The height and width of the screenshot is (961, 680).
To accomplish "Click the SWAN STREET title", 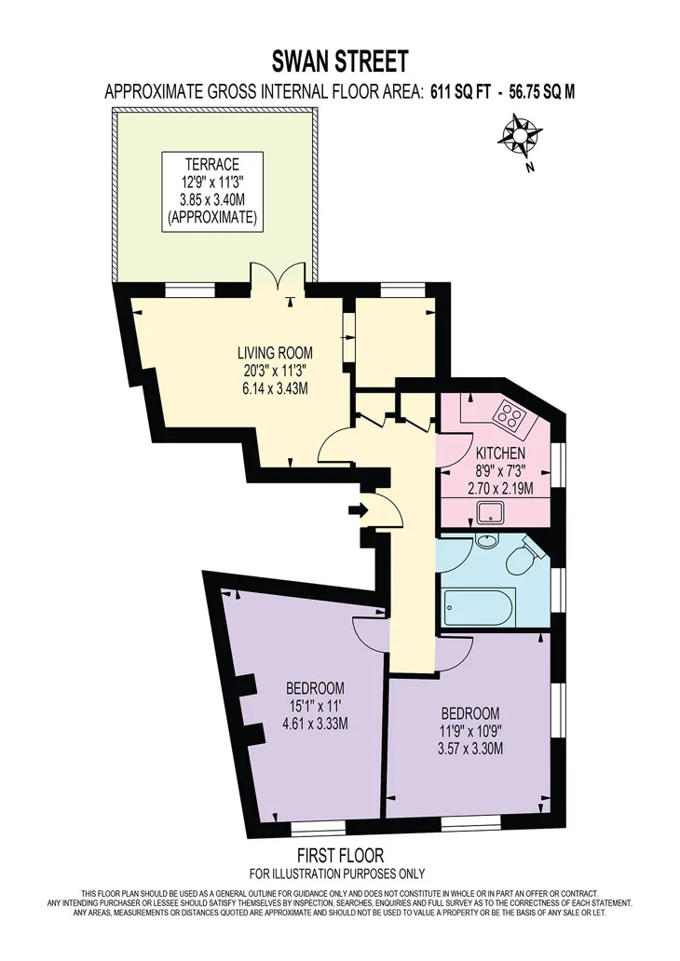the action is pyautogui.click(x=340, y=61).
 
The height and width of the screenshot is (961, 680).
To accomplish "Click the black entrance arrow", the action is pyautogui.click(x=358, y=509).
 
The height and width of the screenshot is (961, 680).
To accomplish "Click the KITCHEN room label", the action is pyautogui.click(x=501, y=453).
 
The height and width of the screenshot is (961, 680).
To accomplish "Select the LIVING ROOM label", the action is pyautogui.click(x=275, y=353).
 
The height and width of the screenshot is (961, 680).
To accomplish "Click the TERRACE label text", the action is pyautogui.click(x=212, y=165).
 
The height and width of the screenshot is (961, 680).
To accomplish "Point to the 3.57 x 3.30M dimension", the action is pyautogui.click(x=470, y=749).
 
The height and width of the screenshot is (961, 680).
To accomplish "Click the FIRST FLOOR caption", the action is pyautogui.click(x=340, y=855).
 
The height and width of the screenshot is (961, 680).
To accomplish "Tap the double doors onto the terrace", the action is pyautogui.click(x=279, y=277).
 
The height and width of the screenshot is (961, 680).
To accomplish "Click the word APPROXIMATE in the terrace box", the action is pyautogui.click(x=212, y=218).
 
